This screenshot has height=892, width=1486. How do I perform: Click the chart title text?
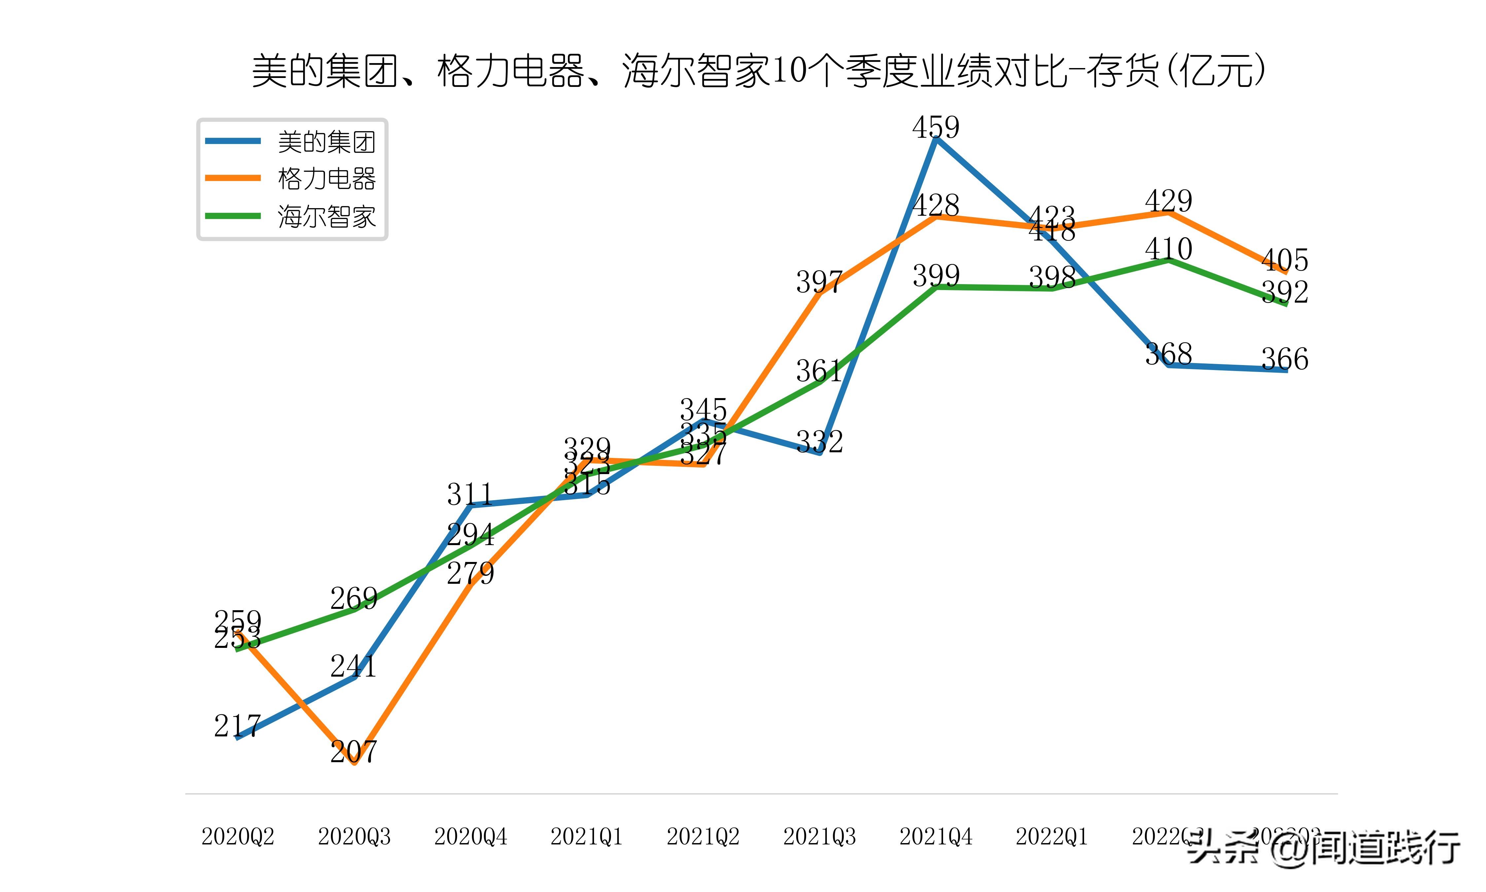click(x=758, y=71)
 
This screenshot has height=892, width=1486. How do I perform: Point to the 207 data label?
click(x=354, y=751)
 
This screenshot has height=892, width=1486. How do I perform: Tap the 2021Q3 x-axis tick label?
click(x=819, y=836)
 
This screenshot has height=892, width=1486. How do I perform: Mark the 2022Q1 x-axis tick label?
click(x=1052, y=836)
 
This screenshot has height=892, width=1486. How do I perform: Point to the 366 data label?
click(x=1285, y=359)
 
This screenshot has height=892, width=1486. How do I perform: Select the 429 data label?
click(x=1168, y=201)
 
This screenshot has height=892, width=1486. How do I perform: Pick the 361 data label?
click(x=819, y=371)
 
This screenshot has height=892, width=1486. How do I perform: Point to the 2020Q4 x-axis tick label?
click(x=470, y=836)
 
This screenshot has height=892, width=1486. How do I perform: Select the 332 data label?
click(x=819, y=442)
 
